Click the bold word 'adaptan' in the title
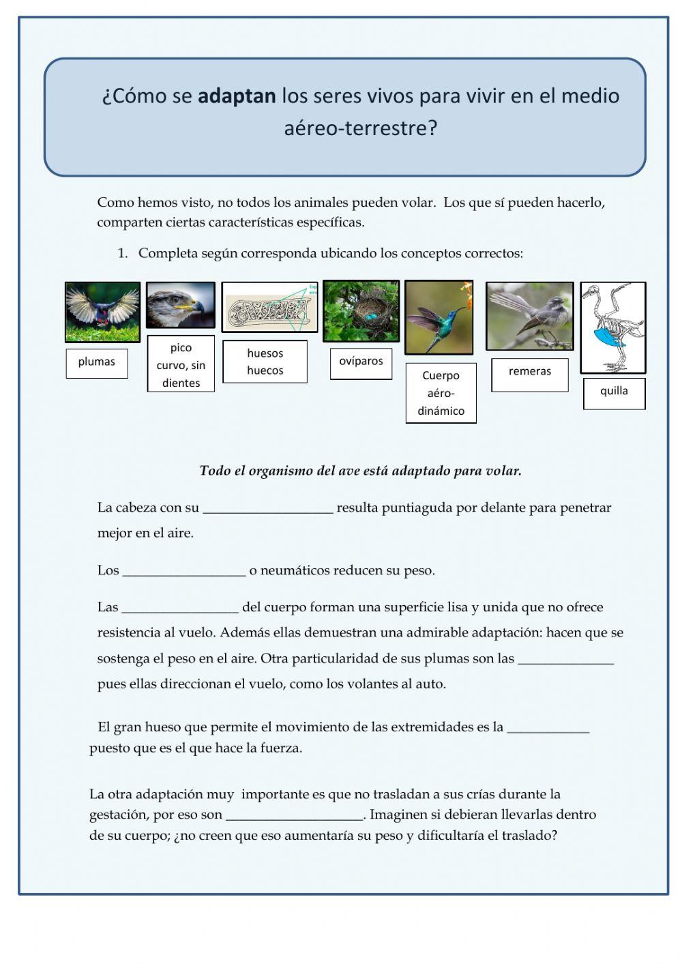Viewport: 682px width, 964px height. (237, 96)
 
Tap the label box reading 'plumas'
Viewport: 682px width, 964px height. (97, 362)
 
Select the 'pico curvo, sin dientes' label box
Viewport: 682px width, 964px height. (181, 365)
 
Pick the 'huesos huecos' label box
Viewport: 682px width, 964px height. (265, 362)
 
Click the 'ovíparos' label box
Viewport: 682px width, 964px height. (361, 362)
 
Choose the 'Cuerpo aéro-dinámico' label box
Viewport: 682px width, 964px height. (441, 393)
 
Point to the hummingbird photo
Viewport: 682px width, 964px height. (439, 317)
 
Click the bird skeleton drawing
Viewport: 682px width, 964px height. (612, 327)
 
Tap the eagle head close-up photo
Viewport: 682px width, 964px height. (181, 305)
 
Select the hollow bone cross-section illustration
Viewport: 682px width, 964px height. (269, 308)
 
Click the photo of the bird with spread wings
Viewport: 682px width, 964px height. (102, 312)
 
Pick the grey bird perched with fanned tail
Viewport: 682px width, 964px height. (529, 316)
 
